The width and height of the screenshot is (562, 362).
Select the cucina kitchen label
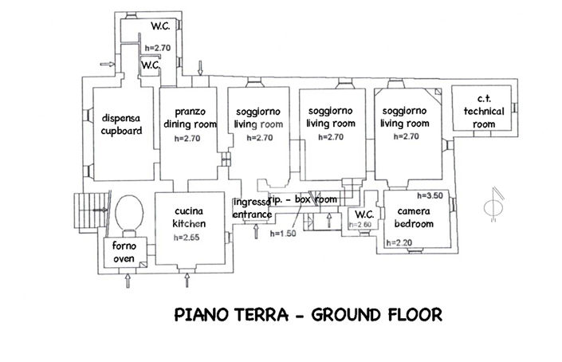[x=189, y=217]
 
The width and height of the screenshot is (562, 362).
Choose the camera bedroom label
[x=414, y=218]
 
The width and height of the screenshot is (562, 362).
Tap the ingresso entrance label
[x=252, y=209]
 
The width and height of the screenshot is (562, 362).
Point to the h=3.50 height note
[x=430, y=195]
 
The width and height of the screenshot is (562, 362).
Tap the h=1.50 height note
[x=284, y=234]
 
